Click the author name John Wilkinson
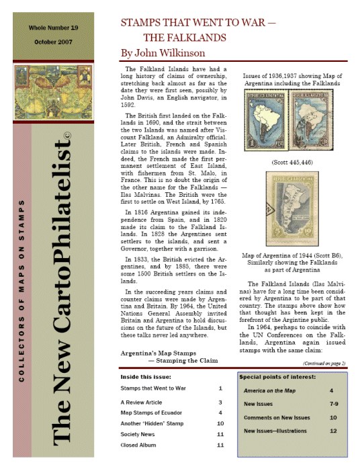[x=164, y=51]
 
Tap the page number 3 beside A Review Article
[x=220, y=401]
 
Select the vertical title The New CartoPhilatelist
[x=67, y=289]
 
